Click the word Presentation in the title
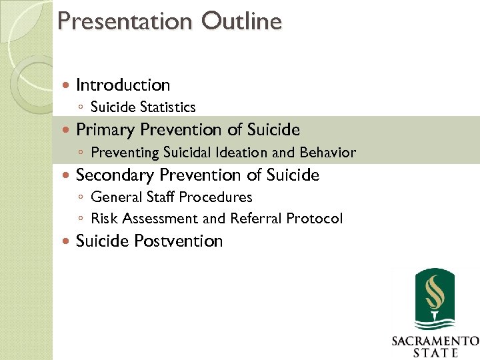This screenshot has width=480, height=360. [125, 21]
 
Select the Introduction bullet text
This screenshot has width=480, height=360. [123, 85]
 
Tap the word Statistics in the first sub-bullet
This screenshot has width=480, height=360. [165, 107]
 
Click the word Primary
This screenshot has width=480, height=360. [103, 129]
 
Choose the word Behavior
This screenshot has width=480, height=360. [328, 153]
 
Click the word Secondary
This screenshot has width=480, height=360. [115, 175]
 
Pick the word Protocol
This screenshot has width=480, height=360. [315, 219]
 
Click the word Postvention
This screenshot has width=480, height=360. [179, 241]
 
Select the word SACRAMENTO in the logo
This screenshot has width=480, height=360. [435, 341]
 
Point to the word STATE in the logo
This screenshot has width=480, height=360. [435, 353]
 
